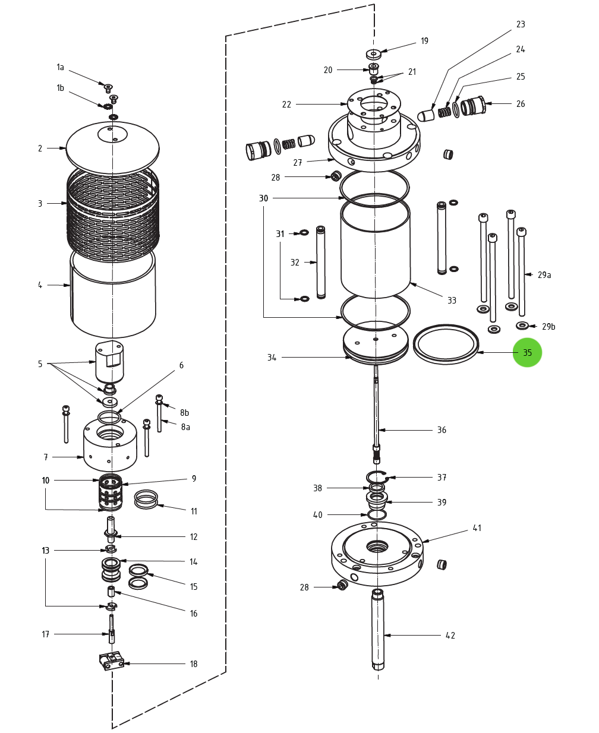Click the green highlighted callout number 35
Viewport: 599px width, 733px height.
[x=527, y=352]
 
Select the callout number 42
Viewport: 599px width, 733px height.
[x=450, y=636]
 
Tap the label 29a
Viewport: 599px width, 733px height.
[x=544, y=275]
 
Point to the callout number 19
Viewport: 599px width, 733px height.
[x=424, y=41]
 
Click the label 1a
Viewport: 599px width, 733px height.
[x=60, y=67]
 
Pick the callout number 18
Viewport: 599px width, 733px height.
[x=193, y=664]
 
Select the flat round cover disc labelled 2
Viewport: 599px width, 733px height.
[x=113, y=149]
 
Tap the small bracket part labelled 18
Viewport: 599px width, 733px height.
[x=111, y=661]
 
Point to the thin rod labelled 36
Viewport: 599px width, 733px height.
[x=377, y=410]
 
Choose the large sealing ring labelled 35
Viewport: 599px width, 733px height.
[x=446, y=345]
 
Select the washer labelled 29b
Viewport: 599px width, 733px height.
[x=522, y=326]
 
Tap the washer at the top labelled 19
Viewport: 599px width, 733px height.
[x=373, y=54]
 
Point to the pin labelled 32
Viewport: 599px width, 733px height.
[x=321, y=262]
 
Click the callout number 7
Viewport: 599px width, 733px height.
[x=46, y=457]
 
